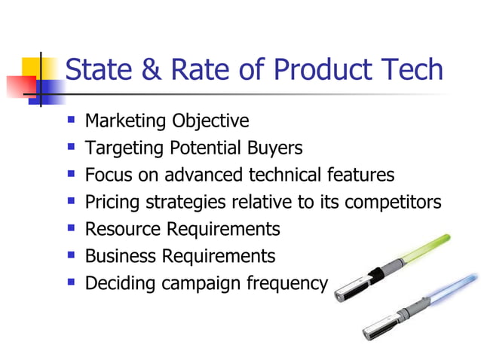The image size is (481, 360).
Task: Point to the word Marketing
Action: pyautogui.click(x=126, y=121)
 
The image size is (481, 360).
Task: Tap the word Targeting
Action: pyautogui.click(x=121, y=148)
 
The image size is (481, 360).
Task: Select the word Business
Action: pyautogui.click(x=119, y=256)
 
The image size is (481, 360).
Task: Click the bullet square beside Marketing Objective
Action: pyautogui.click(x=72, y=120)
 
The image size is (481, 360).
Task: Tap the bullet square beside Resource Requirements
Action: pyautogui.click(x=72, y=227)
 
